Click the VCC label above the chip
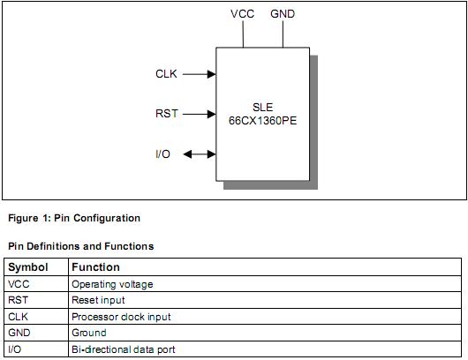tap(243, 14)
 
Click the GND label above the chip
tap(283, 14)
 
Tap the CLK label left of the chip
tap(166, 74)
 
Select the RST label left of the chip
tap(166, 114)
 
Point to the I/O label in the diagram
tap(163, 154)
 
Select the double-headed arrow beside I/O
tap(199, 154)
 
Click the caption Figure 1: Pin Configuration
tap(74, 218)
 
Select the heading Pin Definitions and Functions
tap(80, 246)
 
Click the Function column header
tap(95, 266)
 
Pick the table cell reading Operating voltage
tap(112, 284)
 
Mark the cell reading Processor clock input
tap(121, 317)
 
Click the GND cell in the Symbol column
tap(19, 333)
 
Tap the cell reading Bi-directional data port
tap(123, 349)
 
